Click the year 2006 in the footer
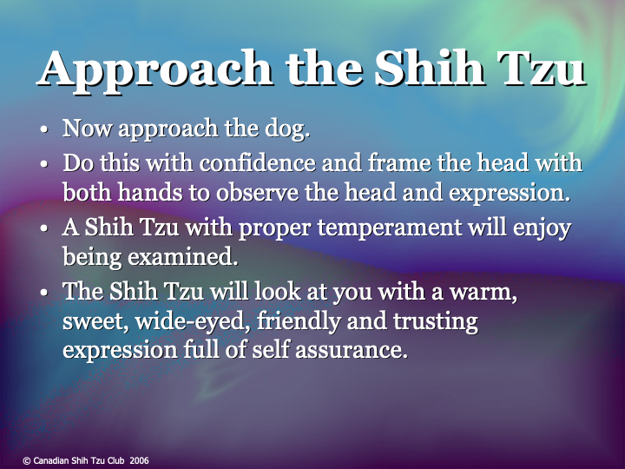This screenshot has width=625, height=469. point(139,460)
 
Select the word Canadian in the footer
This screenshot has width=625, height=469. point(51,460)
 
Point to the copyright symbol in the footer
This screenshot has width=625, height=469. point(26,460)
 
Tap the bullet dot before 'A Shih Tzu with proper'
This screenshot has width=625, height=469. point(44,228)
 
